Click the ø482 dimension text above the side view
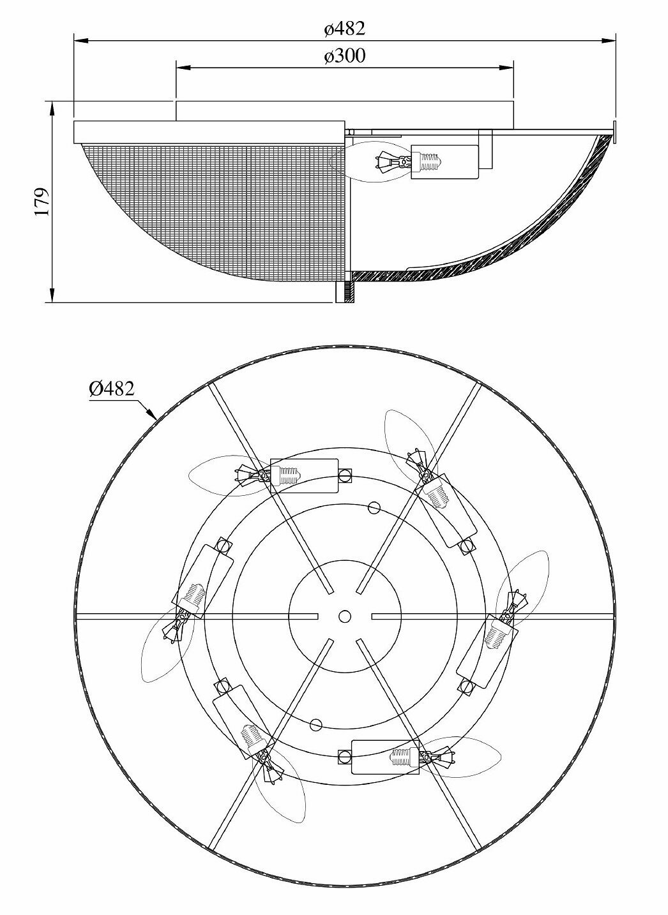click(x=344, y=29)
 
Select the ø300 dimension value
click(x=344, y=56)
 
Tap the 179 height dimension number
click(x=42, y=202)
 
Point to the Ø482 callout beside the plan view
click(x=112, y=389)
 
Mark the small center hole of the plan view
click(x=345, y=616)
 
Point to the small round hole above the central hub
click(x=374, y=508)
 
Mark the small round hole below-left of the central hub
click(x=315, y=724)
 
